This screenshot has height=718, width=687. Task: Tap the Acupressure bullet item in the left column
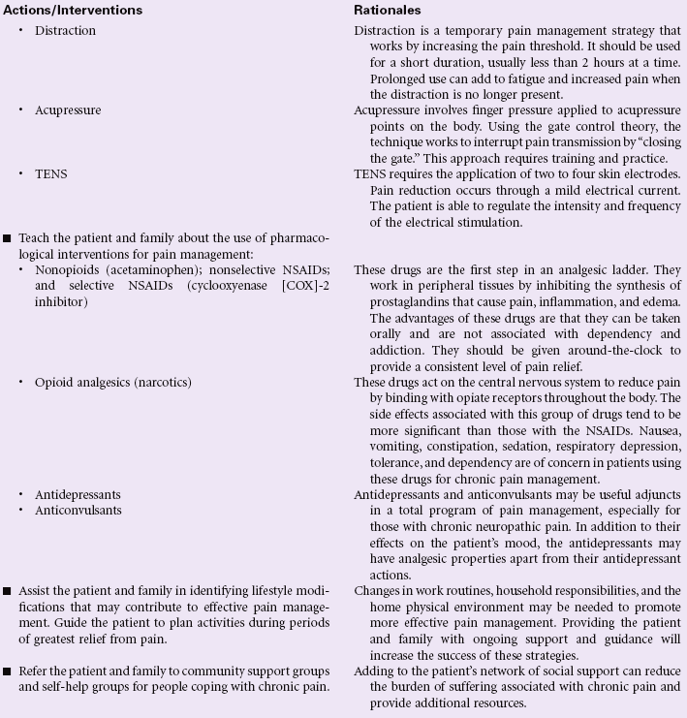(68, 110)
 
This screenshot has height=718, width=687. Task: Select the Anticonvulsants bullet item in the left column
(78, 510)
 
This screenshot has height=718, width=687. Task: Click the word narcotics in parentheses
(160, 383)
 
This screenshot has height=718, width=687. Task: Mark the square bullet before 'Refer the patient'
(8, 671)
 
